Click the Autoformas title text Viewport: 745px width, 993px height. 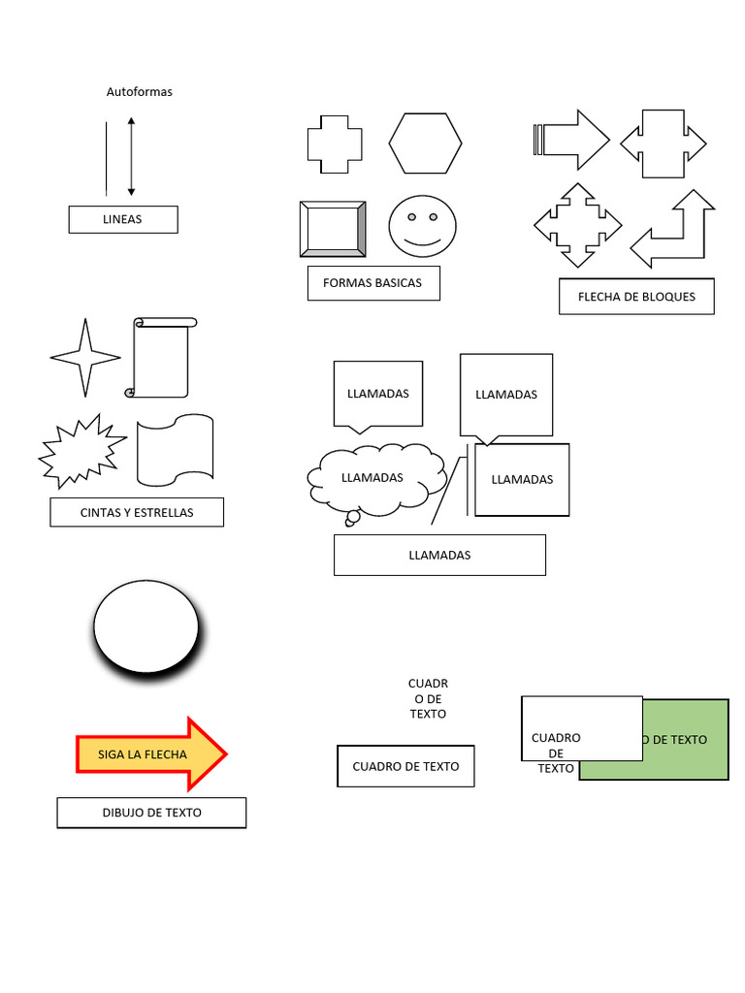point(139,92)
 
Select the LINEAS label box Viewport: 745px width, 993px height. point(122,219)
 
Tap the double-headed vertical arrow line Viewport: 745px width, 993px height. point(131,156)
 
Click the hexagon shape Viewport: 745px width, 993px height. point(425,143)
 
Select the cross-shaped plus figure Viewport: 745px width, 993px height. point(335,144)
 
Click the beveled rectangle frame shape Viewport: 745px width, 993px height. point(333,229)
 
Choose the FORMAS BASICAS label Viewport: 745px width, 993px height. point(372,283)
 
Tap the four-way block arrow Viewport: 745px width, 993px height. point(578,225)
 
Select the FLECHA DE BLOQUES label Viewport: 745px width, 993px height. point(636,297)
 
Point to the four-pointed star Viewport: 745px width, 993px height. point(85,357)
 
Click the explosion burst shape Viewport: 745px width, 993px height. point(81,450)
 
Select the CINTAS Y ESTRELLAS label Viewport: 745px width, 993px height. point(137,512)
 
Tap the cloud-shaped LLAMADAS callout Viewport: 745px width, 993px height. point(375,479)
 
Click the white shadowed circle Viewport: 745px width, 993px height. point(146,625)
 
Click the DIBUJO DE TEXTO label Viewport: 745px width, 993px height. point(151,813)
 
